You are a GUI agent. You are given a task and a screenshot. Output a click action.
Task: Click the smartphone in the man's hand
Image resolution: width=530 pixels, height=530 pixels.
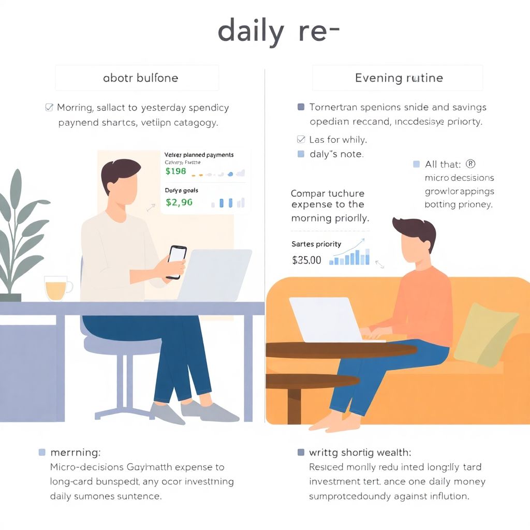(x=176, y=261)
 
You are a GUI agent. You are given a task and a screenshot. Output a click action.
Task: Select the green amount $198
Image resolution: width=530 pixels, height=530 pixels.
(x=175, y=172)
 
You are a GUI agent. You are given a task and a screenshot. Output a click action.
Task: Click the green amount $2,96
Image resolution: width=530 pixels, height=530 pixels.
(x=179, y=202)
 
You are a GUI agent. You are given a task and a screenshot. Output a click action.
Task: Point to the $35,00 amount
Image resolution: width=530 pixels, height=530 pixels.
(x=306, y=260)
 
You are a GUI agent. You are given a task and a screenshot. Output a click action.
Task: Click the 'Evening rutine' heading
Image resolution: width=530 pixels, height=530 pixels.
(x=399, y=78)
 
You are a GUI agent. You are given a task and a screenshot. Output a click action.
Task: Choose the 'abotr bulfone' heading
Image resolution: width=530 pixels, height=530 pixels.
(x=140, y=78)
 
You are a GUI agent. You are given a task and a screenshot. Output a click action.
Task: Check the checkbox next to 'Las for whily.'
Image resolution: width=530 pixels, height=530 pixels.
(x=301, y=139)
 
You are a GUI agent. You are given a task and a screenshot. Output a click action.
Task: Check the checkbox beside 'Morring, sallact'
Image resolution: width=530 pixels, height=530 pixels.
(x=49, y=108)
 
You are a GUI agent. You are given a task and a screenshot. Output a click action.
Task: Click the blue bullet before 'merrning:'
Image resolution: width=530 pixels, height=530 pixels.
(x=42, y=452)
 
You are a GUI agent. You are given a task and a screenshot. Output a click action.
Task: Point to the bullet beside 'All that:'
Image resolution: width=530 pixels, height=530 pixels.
(x=416, y=164)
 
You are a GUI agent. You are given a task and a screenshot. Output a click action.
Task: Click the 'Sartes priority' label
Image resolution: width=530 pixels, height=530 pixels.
(x=316, y=244)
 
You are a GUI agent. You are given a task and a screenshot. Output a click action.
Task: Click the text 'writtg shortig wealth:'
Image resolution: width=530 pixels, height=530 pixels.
(x=360, y=452)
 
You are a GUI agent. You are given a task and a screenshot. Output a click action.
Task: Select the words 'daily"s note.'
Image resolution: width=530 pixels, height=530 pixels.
(x=336, y=154)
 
